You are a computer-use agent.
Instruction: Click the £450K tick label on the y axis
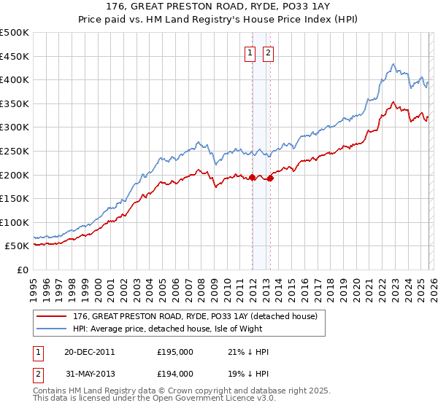coord(15,56)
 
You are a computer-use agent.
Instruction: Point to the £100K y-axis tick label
coord(15,222)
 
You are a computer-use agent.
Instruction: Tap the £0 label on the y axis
coord(23,270)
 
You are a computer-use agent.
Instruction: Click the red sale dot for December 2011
coord(252,177)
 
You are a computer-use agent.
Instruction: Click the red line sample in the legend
coord(51,316)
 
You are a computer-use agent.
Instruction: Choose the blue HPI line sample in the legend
coord(51,329)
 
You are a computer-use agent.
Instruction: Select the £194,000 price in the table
coord(175,373)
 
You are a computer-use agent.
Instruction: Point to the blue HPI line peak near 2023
coord(393,64)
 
